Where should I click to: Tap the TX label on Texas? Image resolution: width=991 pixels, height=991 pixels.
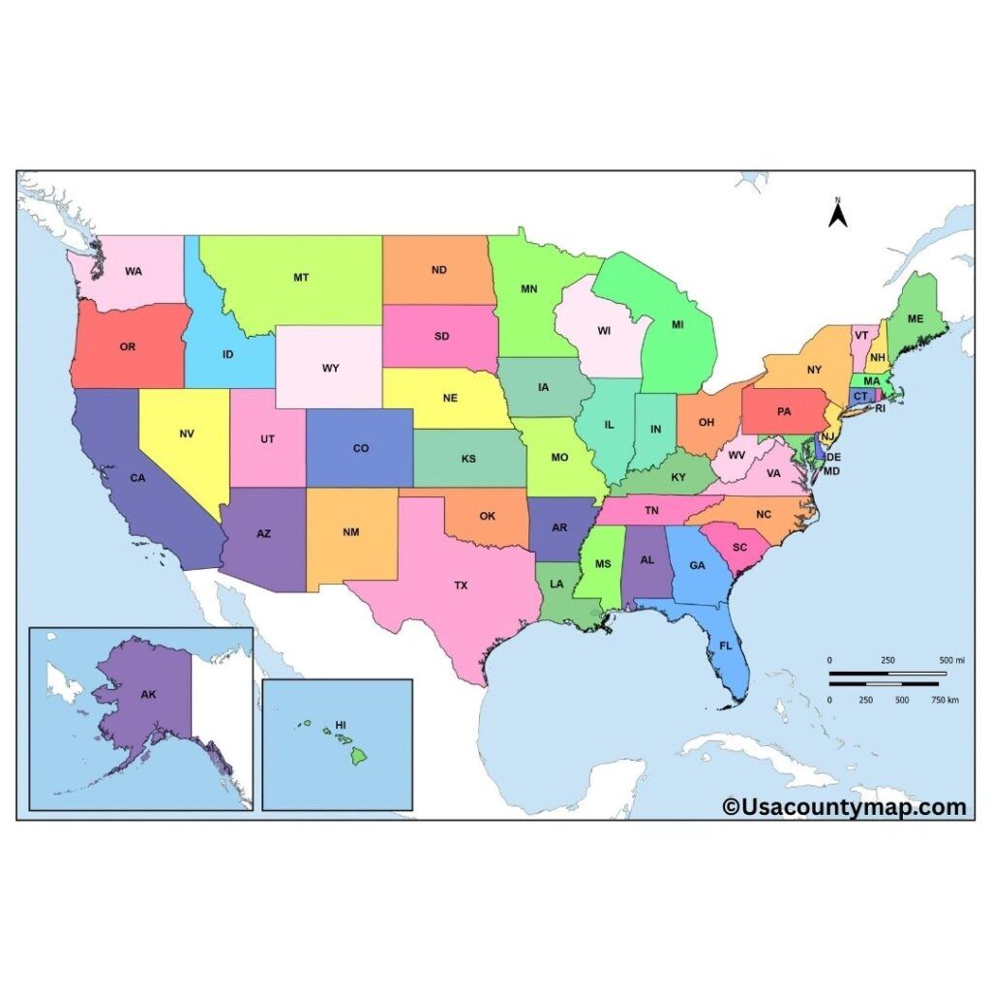[461, 586]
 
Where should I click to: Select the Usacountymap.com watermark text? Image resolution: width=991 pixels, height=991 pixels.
[844, 806]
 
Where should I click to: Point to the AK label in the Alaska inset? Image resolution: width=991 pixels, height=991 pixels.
[148, 694]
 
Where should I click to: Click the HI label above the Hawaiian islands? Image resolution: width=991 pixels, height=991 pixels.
[340, 724]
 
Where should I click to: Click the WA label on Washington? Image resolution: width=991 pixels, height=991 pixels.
[134, 271]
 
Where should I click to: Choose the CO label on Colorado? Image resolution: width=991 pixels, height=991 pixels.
[360, 448]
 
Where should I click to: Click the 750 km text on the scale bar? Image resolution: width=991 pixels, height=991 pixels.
[946, 700]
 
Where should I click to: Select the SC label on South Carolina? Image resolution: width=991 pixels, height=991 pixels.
[740, 547]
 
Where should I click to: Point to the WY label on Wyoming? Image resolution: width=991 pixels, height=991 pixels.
[331, 368]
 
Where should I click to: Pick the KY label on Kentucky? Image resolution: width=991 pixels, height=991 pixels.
[678, 476]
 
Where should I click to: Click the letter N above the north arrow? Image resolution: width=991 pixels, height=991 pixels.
[838, 200]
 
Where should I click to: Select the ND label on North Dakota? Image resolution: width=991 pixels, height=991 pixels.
[438, 270]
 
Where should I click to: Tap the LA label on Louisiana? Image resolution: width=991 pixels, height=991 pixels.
[556, 584]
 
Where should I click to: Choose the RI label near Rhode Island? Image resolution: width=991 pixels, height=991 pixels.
[881, 408]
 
